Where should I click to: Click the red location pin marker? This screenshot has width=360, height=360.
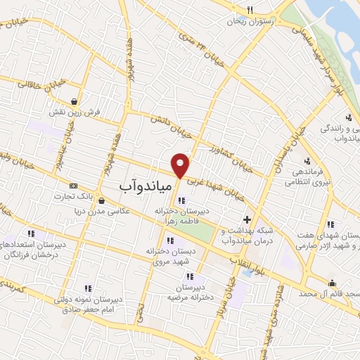click(181, 165)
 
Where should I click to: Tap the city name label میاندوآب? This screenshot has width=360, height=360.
click(141, 184)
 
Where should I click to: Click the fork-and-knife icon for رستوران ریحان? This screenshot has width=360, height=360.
click(250, 10)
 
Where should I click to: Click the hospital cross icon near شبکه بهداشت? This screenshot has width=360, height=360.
click(246, 220)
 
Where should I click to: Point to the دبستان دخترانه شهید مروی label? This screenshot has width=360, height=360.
click(169, 255)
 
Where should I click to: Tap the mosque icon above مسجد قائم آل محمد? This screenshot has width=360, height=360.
click(332, 283)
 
